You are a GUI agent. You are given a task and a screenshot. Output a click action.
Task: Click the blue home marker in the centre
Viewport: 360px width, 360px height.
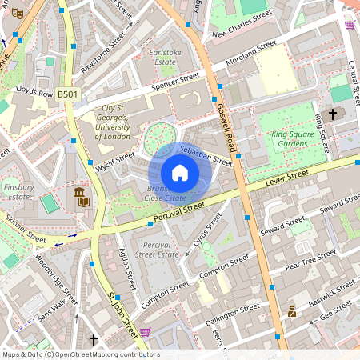180,173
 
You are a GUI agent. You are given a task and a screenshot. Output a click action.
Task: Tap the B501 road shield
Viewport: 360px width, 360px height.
69,94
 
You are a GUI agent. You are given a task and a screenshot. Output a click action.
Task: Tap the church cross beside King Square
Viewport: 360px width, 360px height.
334,115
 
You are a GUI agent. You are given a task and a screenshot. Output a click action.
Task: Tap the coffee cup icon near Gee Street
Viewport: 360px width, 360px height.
292,311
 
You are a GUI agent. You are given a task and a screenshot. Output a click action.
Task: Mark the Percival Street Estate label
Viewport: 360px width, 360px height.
157,249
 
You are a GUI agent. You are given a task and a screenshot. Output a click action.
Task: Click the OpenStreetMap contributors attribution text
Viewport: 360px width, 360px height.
80,354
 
